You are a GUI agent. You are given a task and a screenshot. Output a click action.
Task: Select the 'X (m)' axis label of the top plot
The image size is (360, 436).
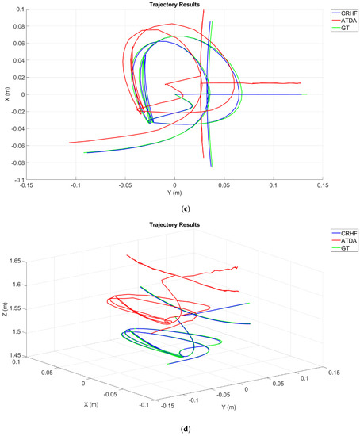pyautogui.click(x=6, y=95)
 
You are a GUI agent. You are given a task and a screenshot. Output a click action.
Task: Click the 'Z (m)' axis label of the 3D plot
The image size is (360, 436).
pyautogui.click(x=6, y=307)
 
